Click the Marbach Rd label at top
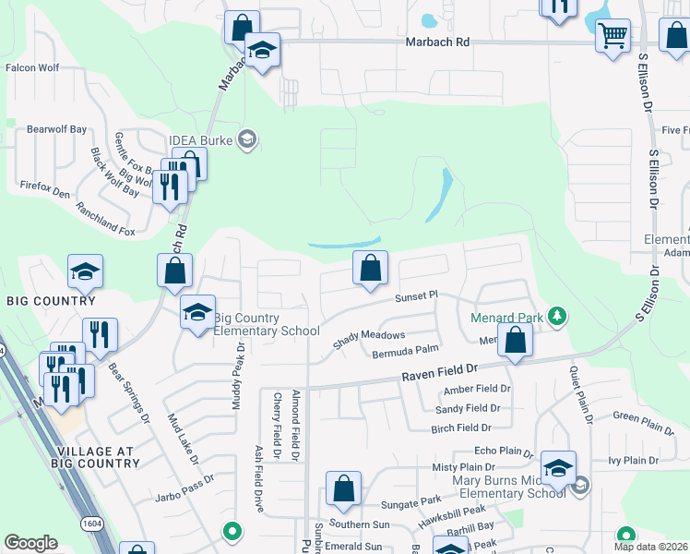click(437, 42)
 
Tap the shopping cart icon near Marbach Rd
click(613, 38)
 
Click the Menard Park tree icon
click(556, 317)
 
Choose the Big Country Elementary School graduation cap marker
click(197, 314)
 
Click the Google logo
click(30, 542)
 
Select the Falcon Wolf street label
click(32, 67)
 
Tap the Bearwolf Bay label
click(56, 129)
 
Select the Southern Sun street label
click(360, 524)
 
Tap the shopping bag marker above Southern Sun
click(343, 489)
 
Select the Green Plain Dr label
click(644, 422)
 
